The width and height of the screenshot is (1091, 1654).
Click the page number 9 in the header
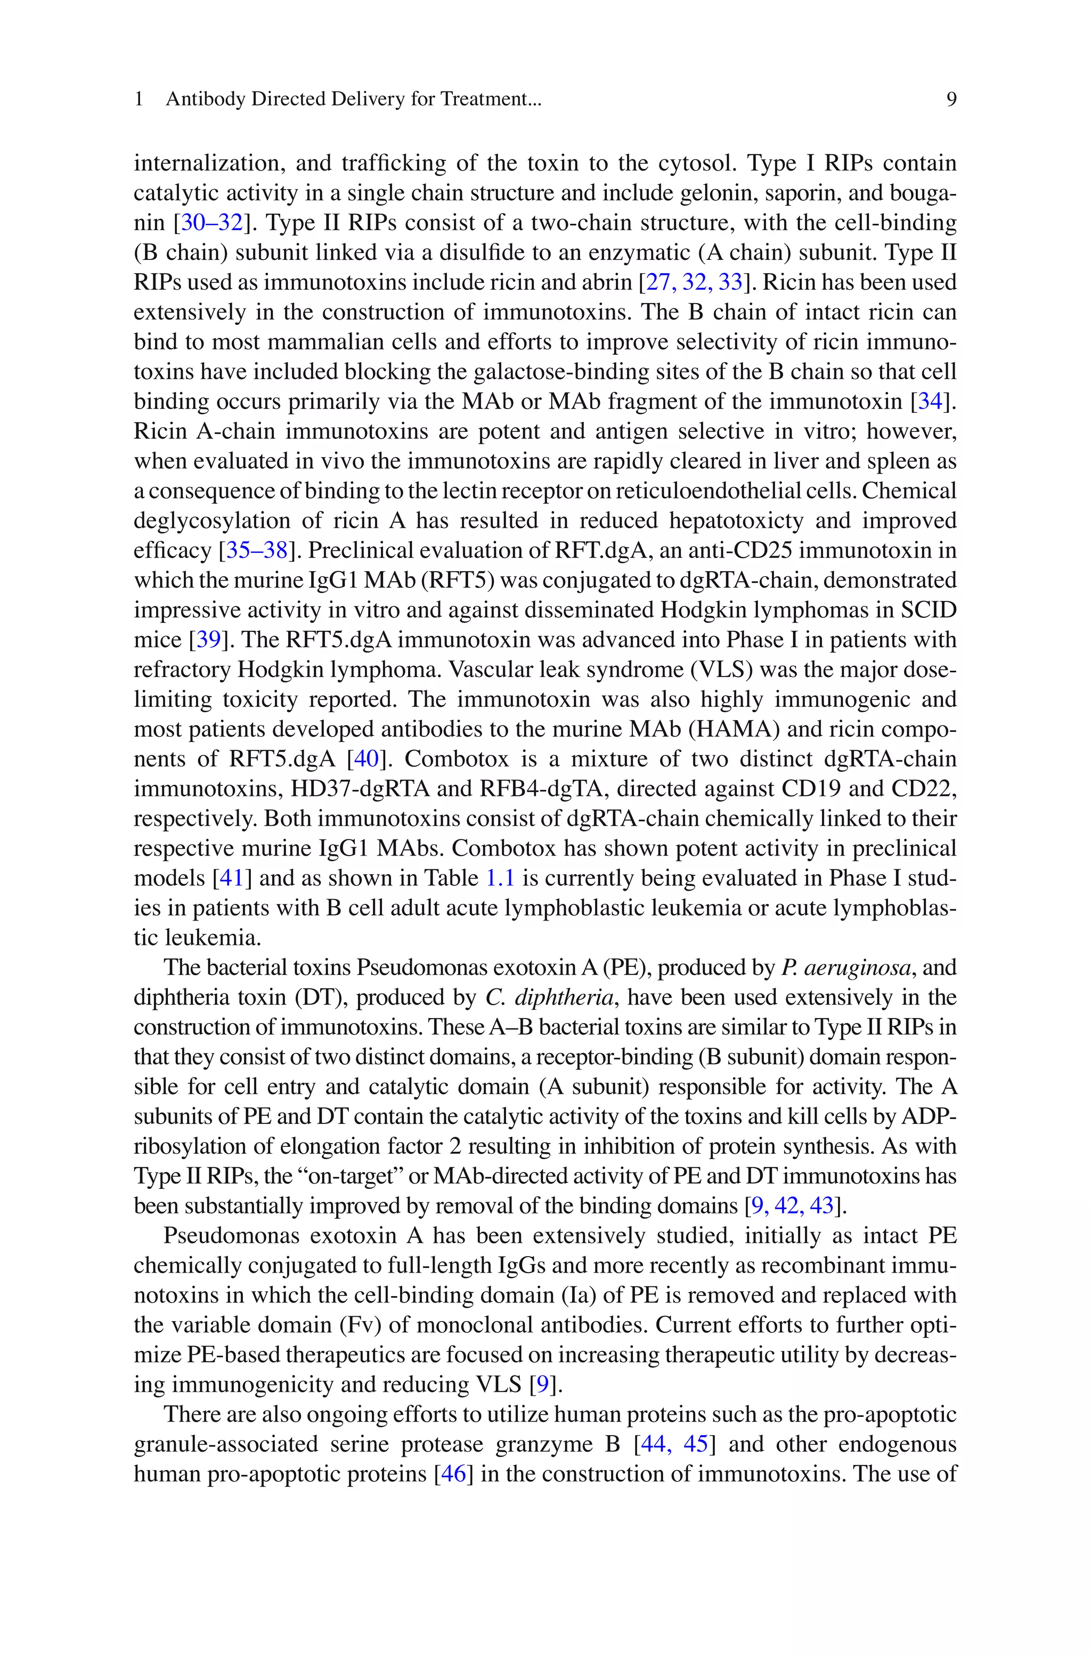pos(951,100)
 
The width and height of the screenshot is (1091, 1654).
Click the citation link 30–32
pos(211,223)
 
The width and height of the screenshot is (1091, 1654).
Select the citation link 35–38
pos(257,551)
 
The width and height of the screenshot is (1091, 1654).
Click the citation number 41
pos(231,878)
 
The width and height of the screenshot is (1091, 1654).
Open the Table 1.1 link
pos(500,878)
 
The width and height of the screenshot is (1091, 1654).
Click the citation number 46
pos(453,1474)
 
